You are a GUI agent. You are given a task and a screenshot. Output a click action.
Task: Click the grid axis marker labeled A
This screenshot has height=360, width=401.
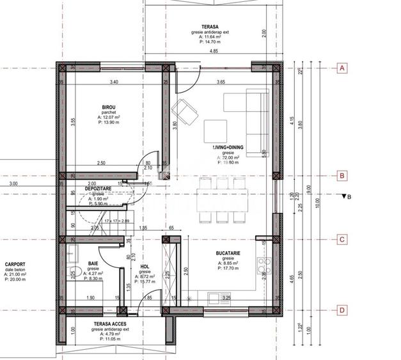342,68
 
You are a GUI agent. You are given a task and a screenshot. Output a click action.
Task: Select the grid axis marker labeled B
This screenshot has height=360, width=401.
342,175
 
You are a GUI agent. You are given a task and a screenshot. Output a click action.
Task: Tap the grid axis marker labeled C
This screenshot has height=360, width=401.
342,240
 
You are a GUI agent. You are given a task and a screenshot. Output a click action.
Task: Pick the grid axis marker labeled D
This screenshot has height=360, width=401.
342,311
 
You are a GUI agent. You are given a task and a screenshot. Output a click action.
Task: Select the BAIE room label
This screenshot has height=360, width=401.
93,263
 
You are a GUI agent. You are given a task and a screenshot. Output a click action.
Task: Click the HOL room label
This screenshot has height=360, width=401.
145,266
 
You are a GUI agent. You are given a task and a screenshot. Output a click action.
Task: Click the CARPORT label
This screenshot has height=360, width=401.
15,264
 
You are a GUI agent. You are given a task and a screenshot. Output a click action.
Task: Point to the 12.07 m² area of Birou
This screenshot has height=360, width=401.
109,118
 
